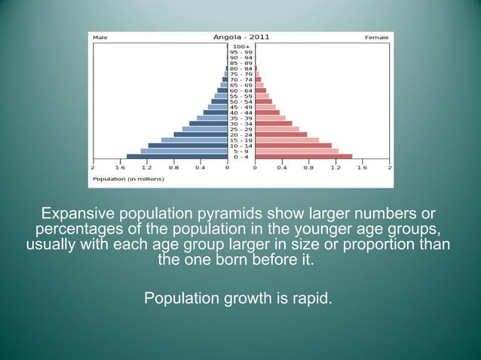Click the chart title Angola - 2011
tap(240, 37)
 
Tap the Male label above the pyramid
tap(99, 37)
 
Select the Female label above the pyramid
tap(376, 37)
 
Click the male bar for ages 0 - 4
tap(176, 157)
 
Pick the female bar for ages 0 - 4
tap(303, 157)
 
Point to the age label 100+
tap(240, 46)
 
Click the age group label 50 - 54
tap(240, 101)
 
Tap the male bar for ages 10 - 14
tap(188, 145)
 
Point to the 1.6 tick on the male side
tap(120, 167)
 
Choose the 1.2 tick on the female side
tap(335, 167)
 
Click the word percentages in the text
tap(80, 229)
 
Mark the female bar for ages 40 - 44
tap(267, 112)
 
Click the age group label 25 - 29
tap(240, 129)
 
